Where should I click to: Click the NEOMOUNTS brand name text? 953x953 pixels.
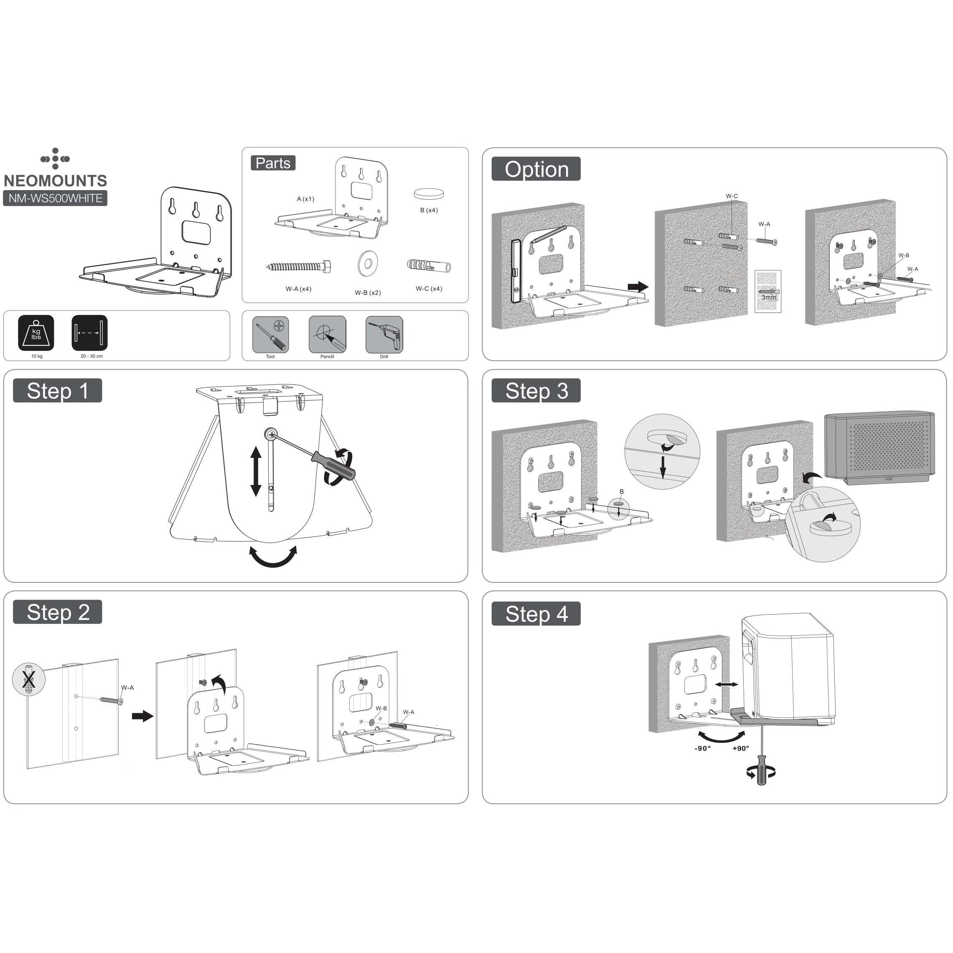point(55,180)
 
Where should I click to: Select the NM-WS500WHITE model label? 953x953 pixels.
point(55,198)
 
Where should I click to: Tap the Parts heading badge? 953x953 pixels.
point(273,163)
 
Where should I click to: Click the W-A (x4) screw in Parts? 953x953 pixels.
point(298,267)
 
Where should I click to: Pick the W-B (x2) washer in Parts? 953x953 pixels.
point(368,263)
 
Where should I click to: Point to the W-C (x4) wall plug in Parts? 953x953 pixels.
point(428,267)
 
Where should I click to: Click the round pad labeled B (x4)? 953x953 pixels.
point(428,194)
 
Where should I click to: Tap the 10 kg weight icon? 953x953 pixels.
point(36,333)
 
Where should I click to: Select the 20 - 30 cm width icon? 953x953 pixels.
point(89,333)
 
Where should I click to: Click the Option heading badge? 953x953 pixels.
point(536,169)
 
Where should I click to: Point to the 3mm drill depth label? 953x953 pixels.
point(768,297)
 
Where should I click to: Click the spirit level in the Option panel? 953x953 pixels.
point(515,271)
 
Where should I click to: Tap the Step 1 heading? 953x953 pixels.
point(57,391)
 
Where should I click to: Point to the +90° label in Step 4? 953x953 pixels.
point(740,748)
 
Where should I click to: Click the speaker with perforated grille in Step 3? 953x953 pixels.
point(879,446)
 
